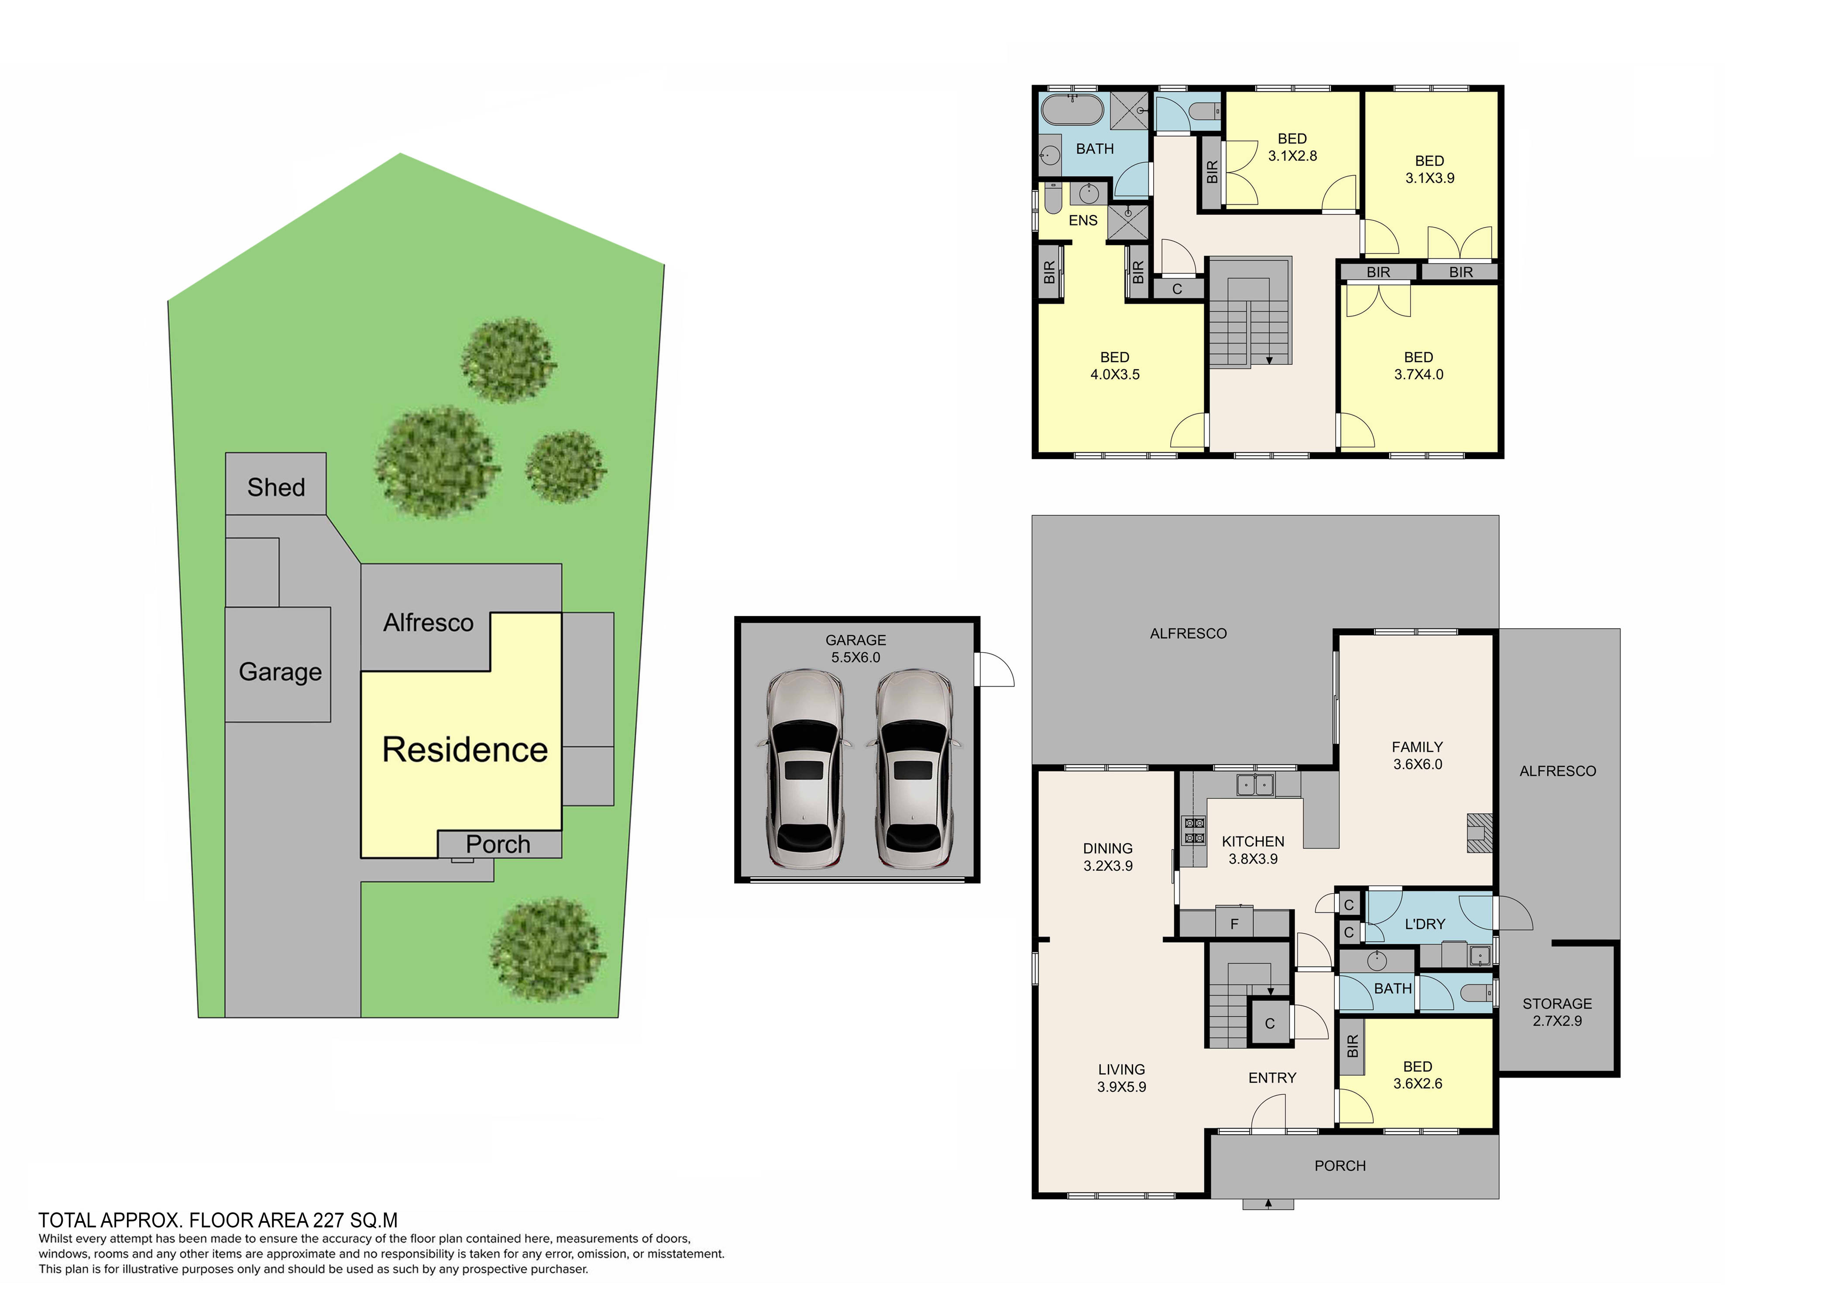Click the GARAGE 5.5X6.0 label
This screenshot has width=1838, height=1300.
tap(856, 648)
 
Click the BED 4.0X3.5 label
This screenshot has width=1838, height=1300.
tap(1114, 366)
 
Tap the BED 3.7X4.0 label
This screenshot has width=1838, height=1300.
tap(1419, 366)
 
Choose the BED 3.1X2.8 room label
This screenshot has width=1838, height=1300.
tap(1292, 147)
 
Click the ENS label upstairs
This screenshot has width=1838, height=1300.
tap(1083, 220)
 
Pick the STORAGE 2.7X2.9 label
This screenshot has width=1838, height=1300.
tap(1557, 1012)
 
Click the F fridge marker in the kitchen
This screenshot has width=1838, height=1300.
tap(1234, 924)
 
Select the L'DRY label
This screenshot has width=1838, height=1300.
tap(1425, 924)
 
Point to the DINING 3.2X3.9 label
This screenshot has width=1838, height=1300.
tap(1108, 856)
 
